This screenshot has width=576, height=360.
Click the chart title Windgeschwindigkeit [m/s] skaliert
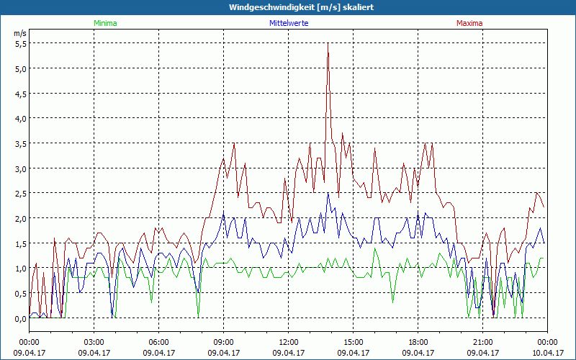coord(302,7)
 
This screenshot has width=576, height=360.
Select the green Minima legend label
coord(105,23)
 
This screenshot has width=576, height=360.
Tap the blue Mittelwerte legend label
coord(289,23)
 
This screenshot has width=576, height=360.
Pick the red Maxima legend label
coord(469,23)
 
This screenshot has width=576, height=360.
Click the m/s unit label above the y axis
coord(19,33)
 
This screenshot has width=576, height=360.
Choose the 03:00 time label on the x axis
coord(94,343)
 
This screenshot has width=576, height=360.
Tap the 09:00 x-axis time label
coord(224,343)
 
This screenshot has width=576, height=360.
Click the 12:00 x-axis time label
coord(289,343)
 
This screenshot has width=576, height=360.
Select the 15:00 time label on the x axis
coord(354,343)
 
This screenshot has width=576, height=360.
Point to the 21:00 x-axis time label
coord(483,343)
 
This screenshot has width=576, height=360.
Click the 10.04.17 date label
coord(547,353)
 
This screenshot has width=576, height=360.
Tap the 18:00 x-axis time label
coord(418,343)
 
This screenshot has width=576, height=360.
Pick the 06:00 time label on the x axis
coord(159,343)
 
